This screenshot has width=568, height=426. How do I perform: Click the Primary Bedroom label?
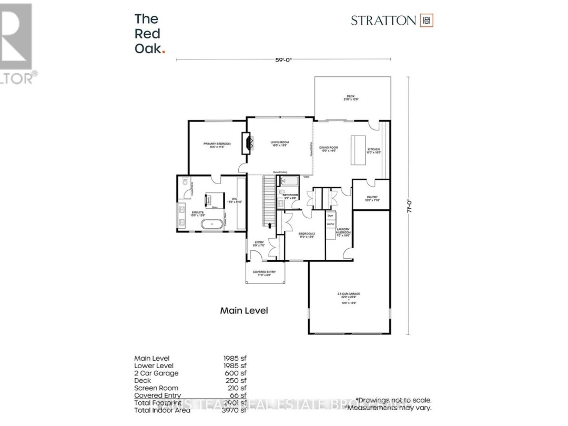pyautogui.click(x=214, y=145)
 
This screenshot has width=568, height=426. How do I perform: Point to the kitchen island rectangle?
pyautogui.click(x=358, y=144)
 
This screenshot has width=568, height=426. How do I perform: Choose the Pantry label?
pyautogui.click(x=372, y=199)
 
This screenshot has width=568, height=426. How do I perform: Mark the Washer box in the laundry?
pyautogui.click(x=331, y=224)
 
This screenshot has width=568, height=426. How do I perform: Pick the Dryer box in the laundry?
pyautogui.click(x=331, y=216)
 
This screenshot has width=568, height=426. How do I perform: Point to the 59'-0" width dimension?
pyautogui.click(x=283, y=60)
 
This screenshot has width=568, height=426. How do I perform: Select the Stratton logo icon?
pyautogui.click(x=427, y=21)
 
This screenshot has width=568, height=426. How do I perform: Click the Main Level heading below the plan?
pyautogui.click(x=244, y=311)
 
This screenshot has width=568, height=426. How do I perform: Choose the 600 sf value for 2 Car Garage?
pyautogui.click(x=236, y=373)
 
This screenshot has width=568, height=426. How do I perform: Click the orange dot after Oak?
pyautogui.click(x=164, y=50)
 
